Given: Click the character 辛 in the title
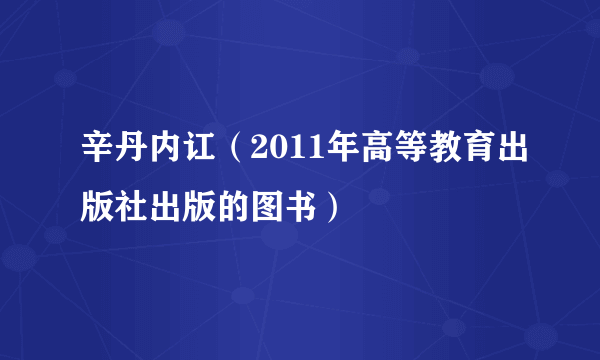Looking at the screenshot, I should click(97, 154).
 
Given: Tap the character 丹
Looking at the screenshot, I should click(130, 154).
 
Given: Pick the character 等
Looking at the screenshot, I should click(386, 154).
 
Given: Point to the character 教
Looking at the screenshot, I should click(419, 154).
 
